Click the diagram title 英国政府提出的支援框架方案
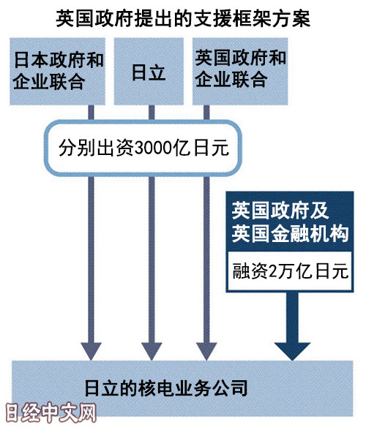pyautogui.click(x=183, y=19)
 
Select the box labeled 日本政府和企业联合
pyautogui.click(x=58, y=72)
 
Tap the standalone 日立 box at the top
pyautogui.click(x=149, y=72)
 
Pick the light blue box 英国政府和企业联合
pyautogui.click(x=240, y=72)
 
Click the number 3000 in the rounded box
pyautogui.click(x=153, y=148)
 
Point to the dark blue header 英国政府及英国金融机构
pyautogui.click(x=290, y=222)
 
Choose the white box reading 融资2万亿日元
pyautogui.click(x=290, y=271)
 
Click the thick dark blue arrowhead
pyautogui.click(x=292, y=351)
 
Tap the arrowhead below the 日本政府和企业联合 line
pyautogui.click(x=91, y=351)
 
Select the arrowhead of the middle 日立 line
pyautogui.click(x=152, y=351)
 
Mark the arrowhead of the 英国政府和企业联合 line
pyautogui.click(x=206, y=351)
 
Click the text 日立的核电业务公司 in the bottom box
pyautogui.click(x=166, y=388)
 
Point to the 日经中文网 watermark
pyautogui.click(x=51, y=412)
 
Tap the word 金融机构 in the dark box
pyautogui.click(x=310, y=234)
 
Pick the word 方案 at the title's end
pyautogui.click(x=292, y=19)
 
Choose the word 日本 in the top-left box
pyautogui.click(x=31, y=60)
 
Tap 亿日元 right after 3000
pyautogui.click(x=201, y=148)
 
